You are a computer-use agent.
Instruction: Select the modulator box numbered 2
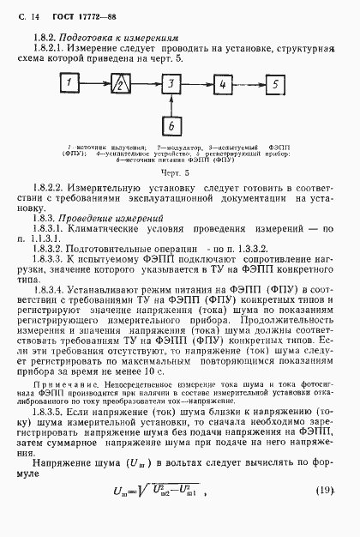click(123, 85)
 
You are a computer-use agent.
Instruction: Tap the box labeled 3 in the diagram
click(171, 85)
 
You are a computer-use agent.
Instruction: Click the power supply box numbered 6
click(171, 127)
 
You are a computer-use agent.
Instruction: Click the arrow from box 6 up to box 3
click(171, 106)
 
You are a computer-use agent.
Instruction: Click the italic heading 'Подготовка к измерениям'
click(127, 38)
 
